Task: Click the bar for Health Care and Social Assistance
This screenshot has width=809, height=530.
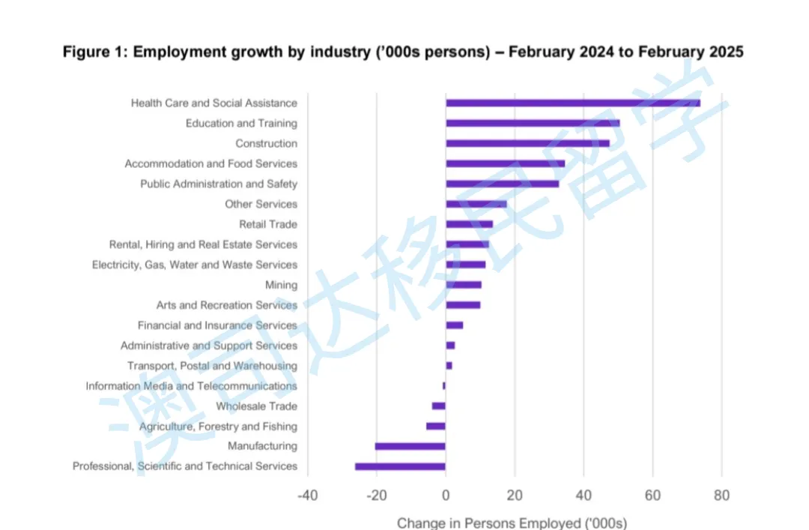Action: coord(573,103)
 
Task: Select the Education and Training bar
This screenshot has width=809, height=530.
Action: coord(533,123)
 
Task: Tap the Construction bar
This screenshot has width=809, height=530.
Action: coord(527,143)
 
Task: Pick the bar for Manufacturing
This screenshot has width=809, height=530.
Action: coord(410,446)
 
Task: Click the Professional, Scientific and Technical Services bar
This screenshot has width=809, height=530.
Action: coord(400,466)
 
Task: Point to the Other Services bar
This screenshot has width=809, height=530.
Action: coord(476,204)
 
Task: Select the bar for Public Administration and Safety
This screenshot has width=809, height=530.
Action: coord(502,184)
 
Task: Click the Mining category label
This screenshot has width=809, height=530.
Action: coord(281,285)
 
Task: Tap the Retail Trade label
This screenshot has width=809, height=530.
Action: coord(268,224)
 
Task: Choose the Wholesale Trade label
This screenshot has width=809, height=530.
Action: coord(256,406)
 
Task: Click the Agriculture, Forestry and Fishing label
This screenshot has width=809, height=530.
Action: coord(218,427)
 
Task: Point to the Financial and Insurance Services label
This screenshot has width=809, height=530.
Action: coord(217,325)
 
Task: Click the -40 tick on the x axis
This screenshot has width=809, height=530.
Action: coord(307,496)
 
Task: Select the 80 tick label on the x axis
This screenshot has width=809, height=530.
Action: coord(721,496)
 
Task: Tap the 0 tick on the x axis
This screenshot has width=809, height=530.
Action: coord(446,496)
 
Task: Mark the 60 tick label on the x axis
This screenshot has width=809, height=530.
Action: coord(652,496)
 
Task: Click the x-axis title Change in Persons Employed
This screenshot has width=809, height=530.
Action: coord(512,523)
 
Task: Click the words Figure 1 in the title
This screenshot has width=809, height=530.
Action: coord(94,52)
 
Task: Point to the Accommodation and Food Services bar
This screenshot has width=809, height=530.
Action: coord(506,163)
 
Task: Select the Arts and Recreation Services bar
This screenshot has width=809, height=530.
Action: coord(463,305)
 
